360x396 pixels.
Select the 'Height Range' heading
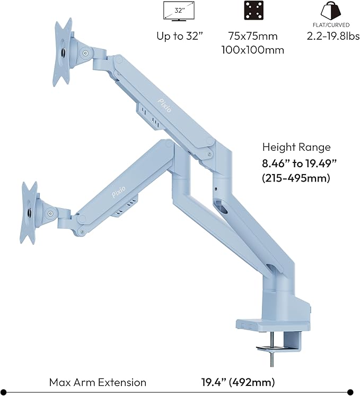296,148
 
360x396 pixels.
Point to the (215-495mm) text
296,178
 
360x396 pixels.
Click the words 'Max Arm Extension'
98,382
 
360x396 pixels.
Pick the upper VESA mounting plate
63,51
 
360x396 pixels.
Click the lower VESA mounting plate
29,212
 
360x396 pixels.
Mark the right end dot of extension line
350,392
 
